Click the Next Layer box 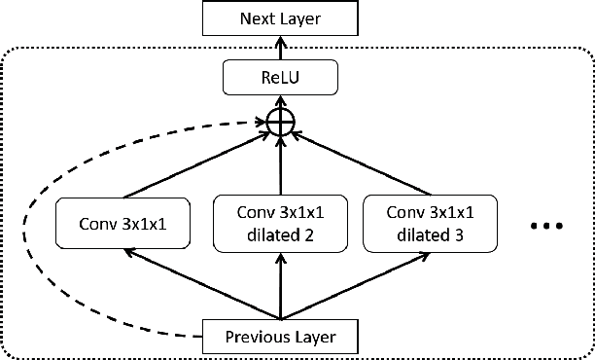pyautogui.click(x=281, y=17)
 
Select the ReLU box pyautogui.click(x=281, y=76)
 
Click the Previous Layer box pyautogui.click(x=281, y=338)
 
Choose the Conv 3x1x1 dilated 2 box pyautogui.click(x=280, y=223)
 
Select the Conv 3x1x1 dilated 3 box pyautogui.click(x=432, y=223)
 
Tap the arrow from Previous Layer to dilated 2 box pyautogui.click(x=281, y=287)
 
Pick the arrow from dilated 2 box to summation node pyautogui.click(x=281, y=165)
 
